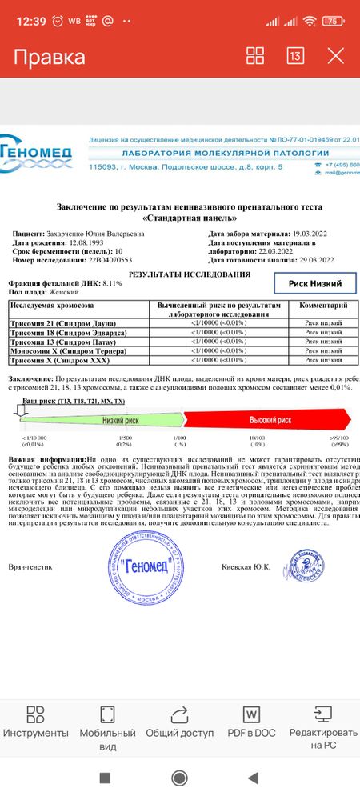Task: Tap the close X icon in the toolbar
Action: [336, 56]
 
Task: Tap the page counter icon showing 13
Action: [295, 56]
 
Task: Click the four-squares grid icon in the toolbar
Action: [255, 56]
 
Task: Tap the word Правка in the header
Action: [50, 57]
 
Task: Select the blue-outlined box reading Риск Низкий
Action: [309, 283]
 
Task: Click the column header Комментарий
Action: [322, 306]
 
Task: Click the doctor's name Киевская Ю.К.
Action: [246, 567]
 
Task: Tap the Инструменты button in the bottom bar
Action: [36, 723]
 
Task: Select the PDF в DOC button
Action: [251, 723]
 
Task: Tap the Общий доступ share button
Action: [180, 723]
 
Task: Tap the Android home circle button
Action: [180, 778]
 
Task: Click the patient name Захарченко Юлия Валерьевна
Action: [98, 234]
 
